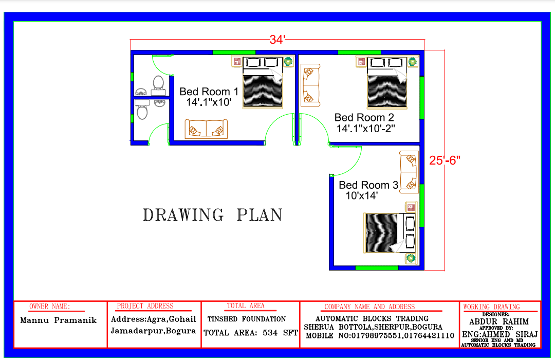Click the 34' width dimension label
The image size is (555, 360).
(x=277, y=39)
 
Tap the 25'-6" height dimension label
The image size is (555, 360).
(x=445, y=160)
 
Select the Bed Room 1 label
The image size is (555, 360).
(x=209, y=92)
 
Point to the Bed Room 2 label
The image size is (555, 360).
(x=364, y=117)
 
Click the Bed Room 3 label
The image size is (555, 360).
(x=368, y=185)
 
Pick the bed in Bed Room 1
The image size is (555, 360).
(x=263, y=82)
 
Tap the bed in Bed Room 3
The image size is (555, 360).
(x=390, y=232)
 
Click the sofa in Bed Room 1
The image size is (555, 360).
(x=206, y=129)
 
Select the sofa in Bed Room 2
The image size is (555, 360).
(x=310, y=85)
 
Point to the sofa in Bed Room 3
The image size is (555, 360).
(x=409, y=172)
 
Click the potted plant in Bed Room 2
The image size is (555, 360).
(x=412, y=62)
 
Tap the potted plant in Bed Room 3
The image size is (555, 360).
(x=411, y=259)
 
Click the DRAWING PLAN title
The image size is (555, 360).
(x=212, y=215)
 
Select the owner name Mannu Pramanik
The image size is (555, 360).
(x=59, y=320)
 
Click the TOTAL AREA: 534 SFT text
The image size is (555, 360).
(x=251, y=333)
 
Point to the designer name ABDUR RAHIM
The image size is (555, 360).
(x=498, y=322)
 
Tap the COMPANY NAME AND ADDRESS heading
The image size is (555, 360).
(x=369, y=307)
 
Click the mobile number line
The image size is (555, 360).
(x=380, y=335)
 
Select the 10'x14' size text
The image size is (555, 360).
(x=362, y=195)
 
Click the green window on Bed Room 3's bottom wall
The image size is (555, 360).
(x=377, y=268)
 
